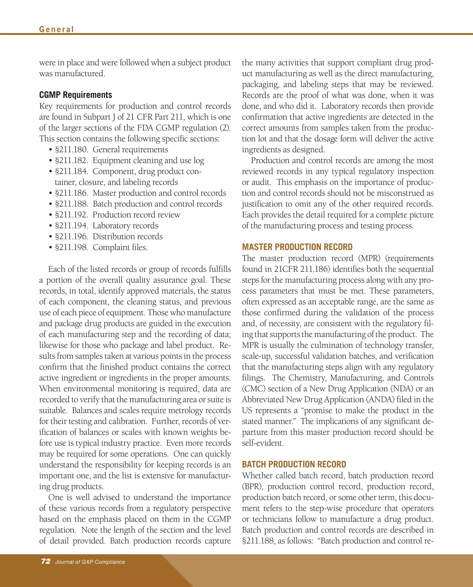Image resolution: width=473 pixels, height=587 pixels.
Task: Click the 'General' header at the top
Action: click(x=56, y=29)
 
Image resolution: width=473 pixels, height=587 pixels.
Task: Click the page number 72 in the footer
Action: click(x=46, y=561)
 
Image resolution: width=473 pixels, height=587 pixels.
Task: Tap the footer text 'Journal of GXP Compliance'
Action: click(x=90, y=562)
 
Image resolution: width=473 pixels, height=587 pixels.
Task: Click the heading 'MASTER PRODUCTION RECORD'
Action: click(x=297, y=247)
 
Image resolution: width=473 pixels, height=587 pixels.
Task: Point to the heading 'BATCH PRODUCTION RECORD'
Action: click(x=294, y=464)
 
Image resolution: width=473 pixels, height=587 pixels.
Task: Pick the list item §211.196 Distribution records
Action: click(x=109, y=236)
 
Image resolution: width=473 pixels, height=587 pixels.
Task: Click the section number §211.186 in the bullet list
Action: click(x=71, y=193)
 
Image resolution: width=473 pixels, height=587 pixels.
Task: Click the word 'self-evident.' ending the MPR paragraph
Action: click(x=263, y=443)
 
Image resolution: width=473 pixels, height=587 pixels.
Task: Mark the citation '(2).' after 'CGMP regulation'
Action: click(x=225, y=128)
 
